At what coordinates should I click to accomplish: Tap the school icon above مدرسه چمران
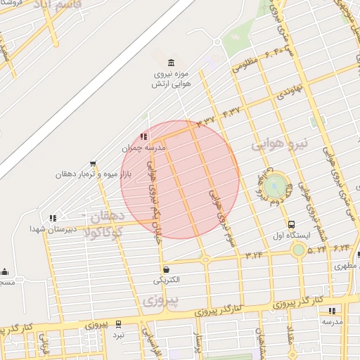(x=143, y=136)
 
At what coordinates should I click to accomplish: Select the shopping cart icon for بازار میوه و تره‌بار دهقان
(x=93, y=164)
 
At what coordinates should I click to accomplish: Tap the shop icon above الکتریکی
(x=166, y=269)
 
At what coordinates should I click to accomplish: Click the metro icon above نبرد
(x=118, y=324)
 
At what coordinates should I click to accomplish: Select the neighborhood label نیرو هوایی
(x=276, y=144)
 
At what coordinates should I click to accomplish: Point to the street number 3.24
(x=255, y=254)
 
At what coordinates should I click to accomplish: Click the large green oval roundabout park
(x=276, y=186)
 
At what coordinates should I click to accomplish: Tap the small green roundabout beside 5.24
(x=299, y=250)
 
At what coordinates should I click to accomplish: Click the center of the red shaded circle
(x=180, y=180)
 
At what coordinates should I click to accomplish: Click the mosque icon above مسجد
(x=5, y=272)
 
